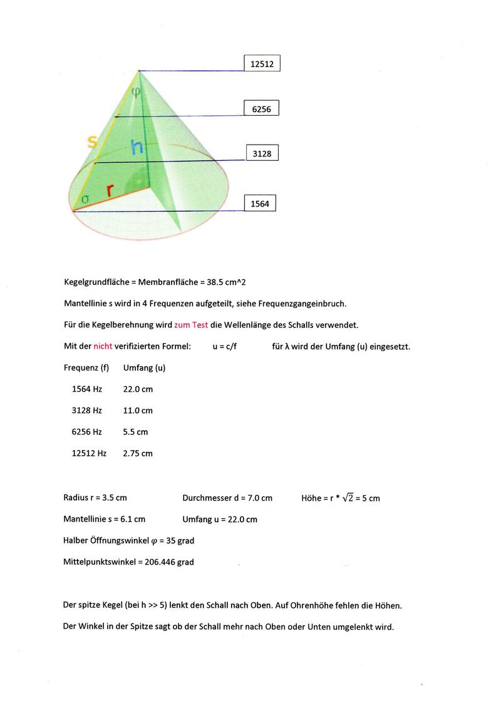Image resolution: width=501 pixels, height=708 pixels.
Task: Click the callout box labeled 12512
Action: click(x=262, y=63)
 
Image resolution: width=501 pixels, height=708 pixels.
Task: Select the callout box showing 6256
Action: click(x=261, y=108)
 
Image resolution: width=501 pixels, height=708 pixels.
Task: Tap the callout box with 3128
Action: click(x=262, y=153)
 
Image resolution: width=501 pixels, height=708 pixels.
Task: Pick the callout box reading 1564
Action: click(x=259, y=203)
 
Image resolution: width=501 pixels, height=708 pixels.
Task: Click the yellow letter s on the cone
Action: click(x=92, y=142)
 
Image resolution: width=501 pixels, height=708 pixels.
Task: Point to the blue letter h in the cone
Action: click(x=137, y=148)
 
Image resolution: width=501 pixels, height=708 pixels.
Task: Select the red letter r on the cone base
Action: click(x=110, y=190)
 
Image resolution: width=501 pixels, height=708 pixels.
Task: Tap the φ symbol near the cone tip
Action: click(x=136, y=92)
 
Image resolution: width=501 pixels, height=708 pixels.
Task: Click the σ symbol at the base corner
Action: click(x=85, y=198)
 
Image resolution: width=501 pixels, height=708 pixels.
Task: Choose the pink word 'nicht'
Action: click(x=103, y=346)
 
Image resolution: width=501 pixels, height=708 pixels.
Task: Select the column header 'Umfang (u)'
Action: click(x=144, y=367)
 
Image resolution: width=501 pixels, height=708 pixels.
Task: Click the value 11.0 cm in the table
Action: click(x=138, y=411)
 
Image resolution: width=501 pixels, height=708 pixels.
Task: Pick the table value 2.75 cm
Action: click(x=138, y=453)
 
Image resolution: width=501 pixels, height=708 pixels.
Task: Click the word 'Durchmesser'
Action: click(x=207, y=498)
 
